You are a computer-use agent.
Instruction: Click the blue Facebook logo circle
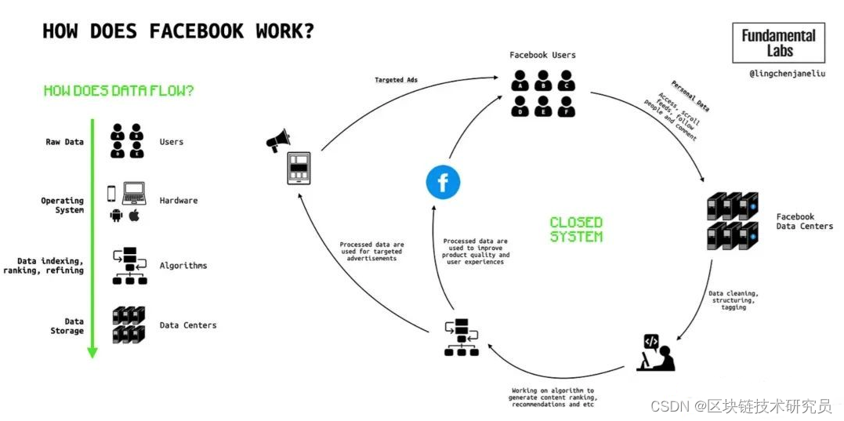click(x=443, y=183)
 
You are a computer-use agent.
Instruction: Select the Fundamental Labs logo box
click(x=779, y=42)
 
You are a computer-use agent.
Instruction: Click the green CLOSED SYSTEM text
click(x=576, y=229)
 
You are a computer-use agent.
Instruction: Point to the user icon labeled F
click(x=565, y=105)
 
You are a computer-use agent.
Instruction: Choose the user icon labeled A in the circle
click(x=520, y=80)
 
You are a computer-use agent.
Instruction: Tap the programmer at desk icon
click(x=655, y=351)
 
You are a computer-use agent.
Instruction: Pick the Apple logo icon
click(x=134, y=215)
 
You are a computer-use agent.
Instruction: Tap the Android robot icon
click(x=117, y=215)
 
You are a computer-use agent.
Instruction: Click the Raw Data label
click(x=64, y=142)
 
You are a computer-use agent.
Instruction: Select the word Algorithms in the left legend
click(x=183, y=266)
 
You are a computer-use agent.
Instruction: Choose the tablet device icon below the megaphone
click(x=299, y=168)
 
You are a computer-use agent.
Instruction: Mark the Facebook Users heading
click(x=542, y=55)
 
